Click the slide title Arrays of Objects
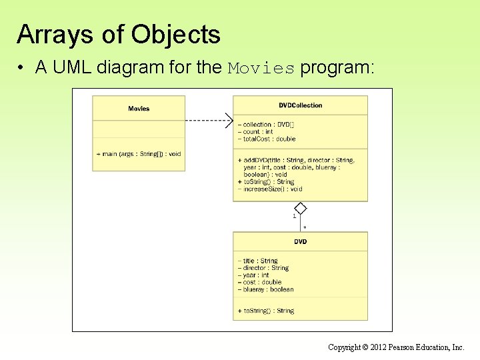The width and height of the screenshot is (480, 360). tap(119, 34)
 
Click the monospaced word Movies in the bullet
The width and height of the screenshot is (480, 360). tap(261, 69)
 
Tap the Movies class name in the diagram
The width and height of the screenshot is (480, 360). tap(139, 109)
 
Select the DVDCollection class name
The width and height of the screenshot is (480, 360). tap(300, 105)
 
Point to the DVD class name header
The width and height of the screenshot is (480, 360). tap(300, 241)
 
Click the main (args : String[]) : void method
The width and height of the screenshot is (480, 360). tap(139, 154)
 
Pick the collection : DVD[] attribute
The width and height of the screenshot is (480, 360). tap(266, 125)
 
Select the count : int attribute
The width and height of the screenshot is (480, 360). tap(255, 132)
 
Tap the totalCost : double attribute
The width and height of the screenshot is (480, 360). tap(266, 139)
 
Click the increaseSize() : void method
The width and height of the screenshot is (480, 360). tap(269, 189)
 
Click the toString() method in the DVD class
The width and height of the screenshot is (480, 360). tap(265, 311)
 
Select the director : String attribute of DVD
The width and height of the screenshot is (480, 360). tap(263, 268)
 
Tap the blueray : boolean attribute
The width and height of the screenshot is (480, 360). tap(265, 289)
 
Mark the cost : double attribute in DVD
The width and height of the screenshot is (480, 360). tap(259, 282)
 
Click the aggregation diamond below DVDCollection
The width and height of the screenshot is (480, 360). tap(300, 208)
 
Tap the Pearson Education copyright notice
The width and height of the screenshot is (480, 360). tap(396, 347)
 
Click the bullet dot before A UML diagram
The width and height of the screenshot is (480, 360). tap(22, 69)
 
